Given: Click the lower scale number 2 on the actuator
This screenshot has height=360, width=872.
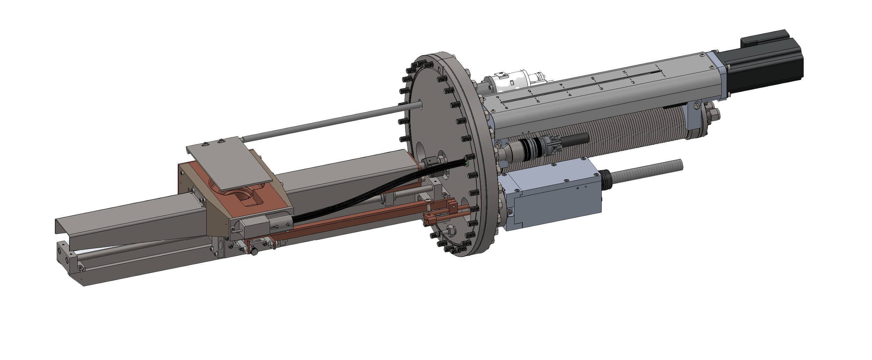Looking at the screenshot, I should [x=633, y=82].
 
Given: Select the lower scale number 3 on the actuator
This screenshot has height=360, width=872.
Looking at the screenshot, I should [x=601, y=89].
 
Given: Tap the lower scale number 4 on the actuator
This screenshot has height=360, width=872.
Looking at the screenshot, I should [x=570, y=95].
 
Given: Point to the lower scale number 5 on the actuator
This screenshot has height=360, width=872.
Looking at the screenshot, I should [x=538, y=102].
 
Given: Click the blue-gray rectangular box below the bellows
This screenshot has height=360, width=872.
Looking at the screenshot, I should [x=555, y=199].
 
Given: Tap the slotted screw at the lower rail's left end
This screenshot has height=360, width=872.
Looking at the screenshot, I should [x=81, y=268].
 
